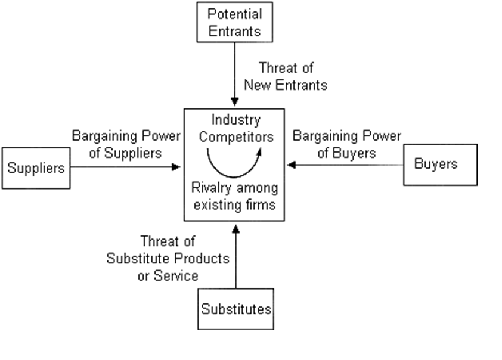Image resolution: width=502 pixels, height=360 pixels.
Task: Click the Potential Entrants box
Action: click(235, 23)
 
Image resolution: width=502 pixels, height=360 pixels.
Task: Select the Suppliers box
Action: click(36, 167)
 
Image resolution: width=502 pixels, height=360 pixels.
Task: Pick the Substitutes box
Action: click(235, 309)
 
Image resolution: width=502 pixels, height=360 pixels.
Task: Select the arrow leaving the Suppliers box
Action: click(125, 167)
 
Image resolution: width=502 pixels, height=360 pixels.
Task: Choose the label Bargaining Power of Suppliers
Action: click(126, 144)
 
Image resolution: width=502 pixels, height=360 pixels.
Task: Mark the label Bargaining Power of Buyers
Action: click(346, 144)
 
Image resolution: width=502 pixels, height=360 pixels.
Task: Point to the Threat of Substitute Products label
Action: click(168, 259)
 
